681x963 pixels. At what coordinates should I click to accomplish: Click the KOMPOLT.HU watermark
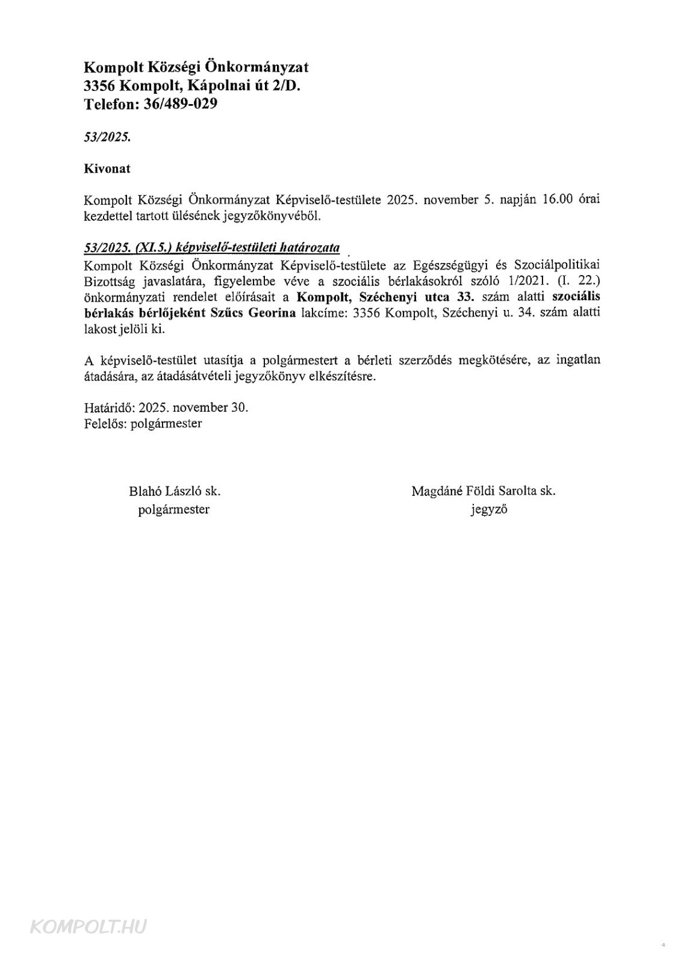[x=88, y=927]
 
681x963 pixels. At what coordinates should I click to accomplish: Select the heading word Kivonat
[x=107, y=169]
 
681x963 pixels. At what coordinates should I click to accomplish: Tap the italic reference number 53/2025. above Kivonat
[x=107, y=137]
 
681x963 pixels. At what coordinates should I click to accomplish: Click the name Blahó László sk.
[x=175, y=491]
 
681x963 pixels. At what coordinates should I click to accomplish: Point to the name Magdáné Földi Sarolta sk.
[x=484, y=491]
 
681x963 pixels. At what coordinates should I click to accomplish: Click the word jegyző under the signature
[x=489, y=509]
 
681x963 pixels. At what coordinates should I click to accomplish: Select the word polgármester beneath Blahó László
[x=174, y=509]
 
